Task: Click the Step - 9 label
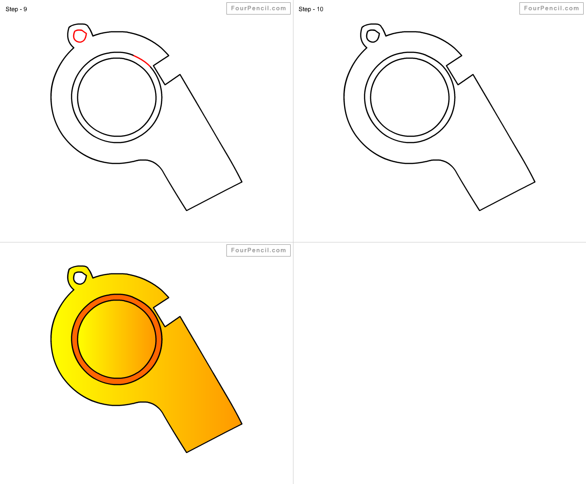[x=16, y=9]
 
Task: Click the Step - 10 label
[x=311, y=9]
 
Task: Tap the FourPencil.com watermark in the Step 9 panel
[x=258, y=8]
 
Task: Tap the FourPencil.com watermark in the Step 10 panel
[x=551, y=8]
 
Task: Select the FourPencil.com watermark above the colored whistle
[x=258, y=250]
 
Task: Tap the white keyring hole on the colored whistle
[x=80, y=278]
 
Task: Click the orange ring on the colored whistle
[x=75, y=340]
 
